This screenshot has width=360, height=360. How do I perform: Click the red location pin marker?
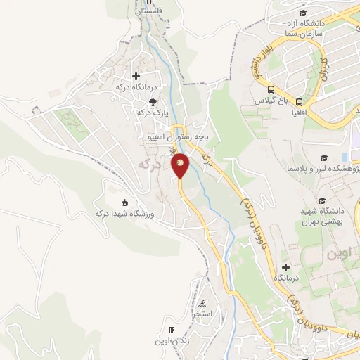tap(180, 165)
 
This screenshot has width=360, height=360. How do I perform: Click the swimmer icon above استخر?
tap(203, 304)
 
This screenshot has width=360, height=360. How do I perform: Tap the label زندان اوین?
tap(172, 342)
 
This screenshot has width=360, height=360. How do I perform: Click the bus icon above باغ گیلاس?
tap(271, 89)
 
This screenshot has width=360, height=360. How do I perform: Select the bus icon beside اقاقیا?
tap(300, 101)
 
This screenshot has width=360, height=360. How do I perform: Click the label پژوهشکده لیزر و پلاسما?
tap(323, 169)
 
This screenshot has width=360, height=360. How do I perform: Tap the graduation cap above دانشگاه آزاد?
tap(302, 13)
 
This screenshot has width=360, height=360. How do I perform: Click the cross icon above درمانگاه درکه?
tap(135, 76)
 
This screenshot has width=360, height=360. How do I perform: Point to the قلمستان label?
tap(148, 13)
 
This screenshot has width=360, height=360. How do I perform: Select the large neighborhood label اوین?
tap(337, 253)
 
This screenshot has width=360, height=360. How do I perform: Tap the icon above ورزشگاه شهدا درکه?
tap(126, 202)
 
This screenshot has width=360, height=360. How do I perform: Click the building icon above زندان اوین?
tap(172, 330)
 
